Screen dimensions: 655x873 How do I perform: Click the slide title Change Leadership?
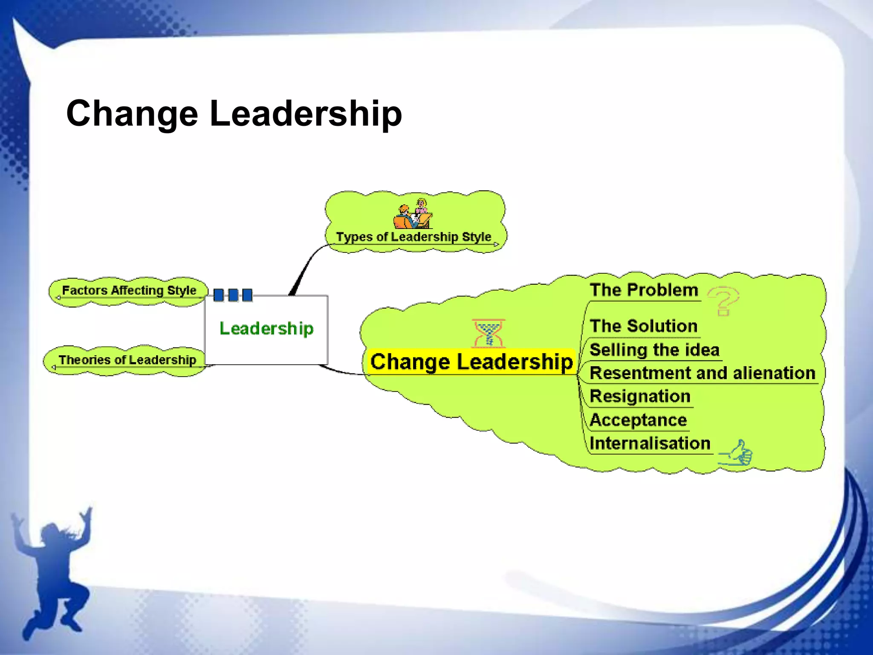coord(234,113)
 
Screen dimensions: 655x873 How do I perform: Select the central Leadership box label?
coord(266,328)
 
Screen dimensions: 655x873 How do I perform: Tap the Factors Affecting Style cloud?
coord(129,290)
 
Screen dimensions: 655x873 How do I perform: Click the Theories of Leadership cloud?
coord(127,360)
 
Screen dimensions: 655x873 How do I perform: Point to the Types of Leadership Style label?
coord(413,237)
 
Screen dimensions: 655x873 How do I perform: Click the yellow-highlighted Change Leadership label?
coord(471,362)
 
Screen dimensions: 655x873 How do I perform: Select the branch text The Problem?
coord(644,290)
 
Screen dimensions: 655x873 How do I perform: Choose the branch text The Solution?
coord(644,326)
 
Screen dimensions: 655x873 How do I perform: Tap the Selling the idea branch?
coord(654,350)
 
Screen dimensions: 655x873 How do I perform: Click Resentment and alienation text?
coord(702,373)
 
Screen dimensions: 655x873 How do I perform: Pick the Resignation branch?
coord(640,396)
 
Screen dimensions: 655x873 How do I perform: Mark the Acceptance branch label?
coord(638,420)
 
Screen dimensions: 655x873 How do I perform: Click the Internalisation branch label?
coord(650,443)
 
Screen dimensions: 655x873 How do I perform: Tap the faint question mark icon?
coord(723,300)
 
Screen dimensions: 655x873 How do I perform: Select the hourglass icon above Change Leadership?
coord(489,333)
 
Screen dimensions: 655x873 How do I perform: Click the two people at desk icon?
coord(413,214)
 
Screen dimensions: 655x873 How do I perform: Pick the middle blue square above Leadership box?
coord(233,295)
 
